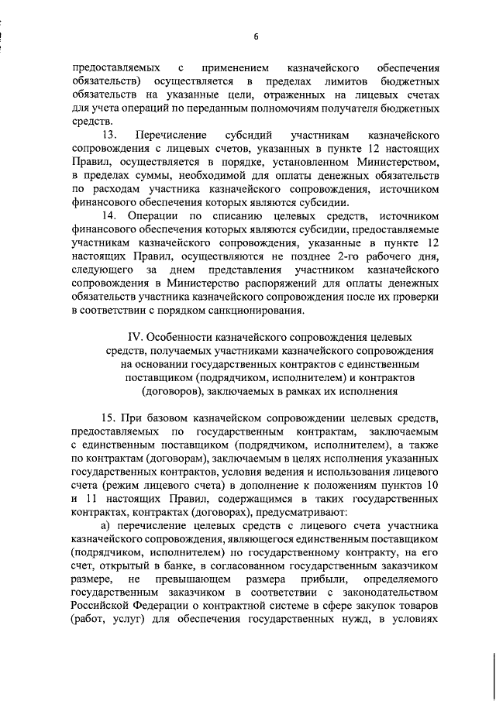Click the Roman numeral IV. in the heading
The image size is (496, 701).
pyautogui.click(x=136, y=338)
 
